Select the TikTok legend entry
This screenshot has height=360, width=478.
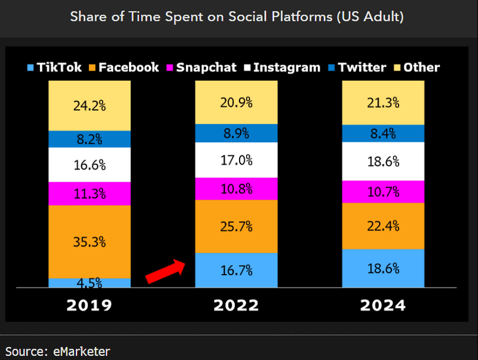click(x=54, y=67)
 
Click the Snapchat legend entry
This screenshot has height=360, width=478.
click(x=200, y=67)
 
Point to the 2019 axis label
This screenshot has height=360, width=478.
click(x=89, y=305)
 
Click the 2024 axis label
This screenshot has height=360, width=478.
click(x=383, y=305)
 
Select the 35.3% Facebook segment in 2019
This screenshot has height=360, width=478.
click(x=90, y=242)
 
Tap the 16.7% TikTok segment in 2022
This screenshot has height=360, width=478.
click(x=237, y=270)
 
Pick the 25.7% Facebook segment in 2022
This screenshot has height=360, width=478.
click(x=237, y=227)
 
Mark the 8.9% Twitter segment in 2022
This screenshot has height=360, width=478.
click(x=237, y=133)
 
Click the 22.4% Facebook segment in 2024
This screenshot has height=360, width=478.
click(x=383, y=226)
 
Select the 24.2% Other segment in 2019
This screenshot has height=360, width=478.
click(x=90, y=106)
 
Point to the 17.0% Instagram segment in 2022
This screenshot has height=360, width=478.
click(x=237, y=160)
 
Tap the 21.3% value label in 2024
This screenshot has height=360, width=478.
click(x=383, y=103)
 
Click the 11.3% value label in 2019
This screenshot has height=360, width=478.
click(x=90, y=194)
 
